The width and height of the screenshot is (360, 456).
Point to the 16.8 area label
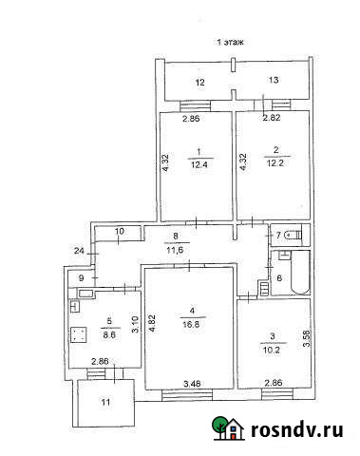192,322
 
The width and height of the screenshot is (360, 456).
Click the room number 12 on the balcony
200,84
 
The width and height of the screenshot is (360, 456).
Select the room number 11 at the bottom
106,403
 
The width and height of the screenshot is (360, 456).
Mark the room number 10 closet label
121,231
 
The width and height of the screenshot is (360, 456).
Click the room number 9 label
81,277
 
